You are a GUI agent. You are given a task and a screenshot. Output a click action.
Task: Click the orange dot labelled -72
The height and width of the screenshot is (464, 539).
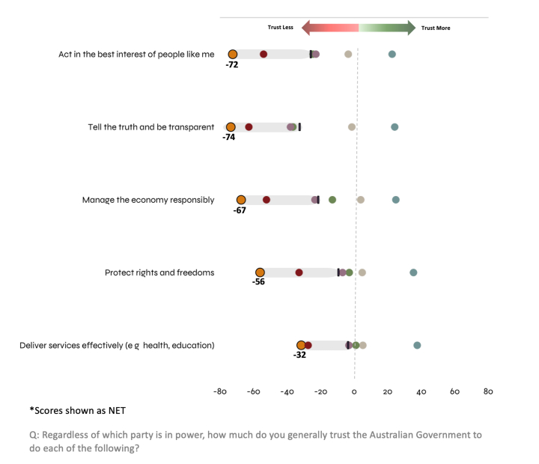(233, 54)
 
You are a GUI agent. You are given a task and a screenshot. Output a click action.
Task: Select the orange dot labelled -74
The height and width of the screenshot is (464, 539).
(231, 127)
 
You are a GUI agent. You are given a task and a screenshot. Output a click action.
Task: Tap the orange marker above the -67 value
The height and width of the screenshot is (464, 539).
(241, 200)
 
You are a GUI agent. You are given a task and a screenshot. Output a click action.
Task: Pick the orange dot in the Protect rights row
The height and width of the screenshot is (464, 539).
(260, 272)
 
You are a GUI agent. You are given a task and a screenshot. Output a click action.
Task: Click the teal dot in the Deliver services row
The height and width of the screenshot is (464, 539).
(417, 345)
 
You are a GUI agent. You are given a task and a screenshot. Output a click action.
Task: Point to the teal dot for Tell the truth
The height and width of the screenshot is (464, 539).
(395, 127)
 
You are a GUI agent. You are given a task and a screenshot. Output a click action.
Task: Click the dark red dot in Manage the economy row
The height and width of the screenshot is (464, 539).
(267, 200)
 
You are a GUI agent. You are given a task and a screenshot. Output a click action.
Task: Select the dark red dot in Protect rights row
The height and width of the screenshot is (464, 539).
(299, 272)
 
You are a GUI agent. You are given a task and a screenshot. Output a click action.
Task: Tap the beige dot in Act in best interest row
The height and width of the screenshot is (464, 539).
(348, 54)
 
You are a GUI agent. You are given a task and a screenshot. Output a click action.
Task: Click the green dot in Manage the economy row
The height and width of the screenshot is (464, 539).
(332, 200)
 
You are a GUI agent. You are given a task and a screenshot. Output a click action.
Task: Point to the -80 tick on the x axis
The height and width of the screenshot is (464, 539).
(220, 391)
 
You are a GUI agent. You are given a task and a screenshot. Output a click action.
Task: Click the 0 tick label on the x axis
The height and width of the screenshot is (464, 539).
(354, 391)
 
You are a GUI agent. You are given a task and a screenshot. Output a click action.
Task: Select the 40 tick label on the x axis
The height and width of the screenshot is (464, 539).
(421, 391)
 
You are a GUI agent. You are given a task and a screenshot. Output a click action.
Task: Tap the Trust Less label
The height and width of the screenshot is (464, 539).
(281, 28)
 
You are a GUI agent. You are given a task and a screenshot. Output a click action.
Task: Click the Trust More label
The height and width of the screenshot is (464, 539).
(436, 28)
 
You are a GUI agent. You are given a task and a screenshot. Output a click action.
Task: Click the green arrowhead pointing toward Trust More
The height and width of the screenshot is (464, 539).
(410, 28)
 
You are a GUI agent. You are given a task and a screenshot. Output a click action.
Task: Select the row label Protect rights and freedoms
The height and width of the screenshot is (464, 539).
(159, 272)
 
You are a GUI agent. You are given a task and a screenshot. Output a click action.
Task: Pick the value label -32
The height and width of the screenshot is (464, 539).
(299, 355)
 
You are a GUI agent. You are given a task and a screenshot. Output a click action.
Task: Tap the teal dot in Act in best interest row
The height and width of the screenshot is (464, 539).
(392, 54)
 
